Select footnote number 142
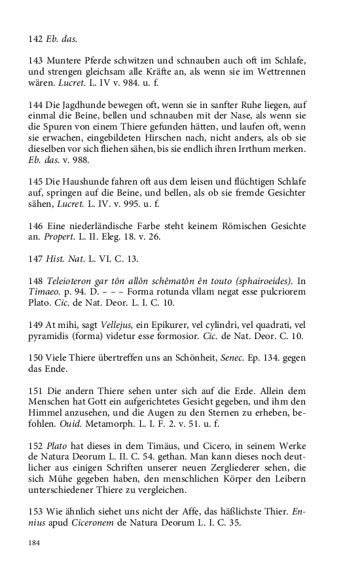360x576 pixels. [35, 39]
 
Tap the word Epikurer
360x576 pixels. [181, 325]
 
